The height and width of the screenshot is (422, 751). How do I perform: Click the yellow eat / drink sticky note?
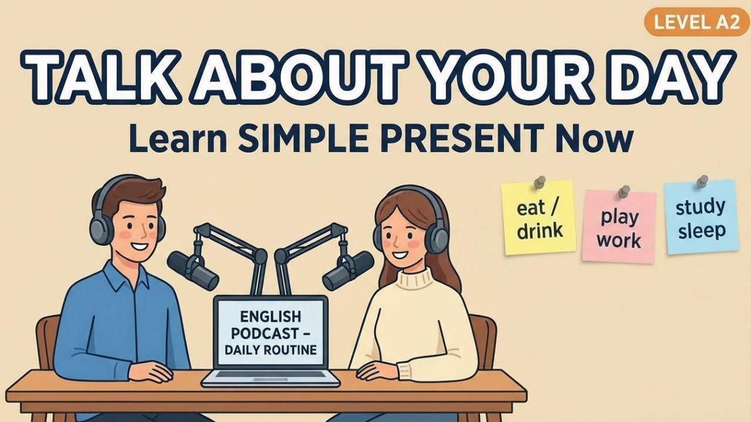[x=539, y=219]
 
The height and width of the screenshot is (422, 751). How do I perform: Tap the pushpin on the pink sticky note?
[x=624, y=191]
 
